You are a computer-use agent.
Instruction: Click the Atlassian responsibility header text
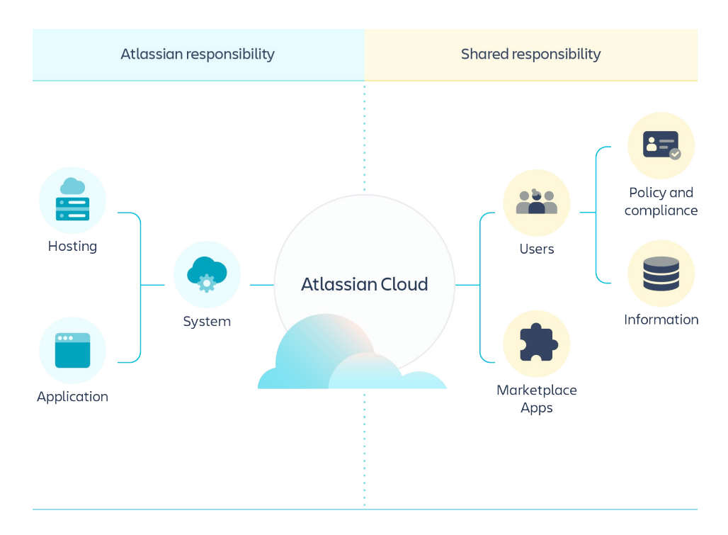198,54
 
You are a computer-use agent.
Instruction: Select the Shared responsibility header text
530,54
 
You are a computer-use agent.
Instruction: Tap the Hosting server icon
72,200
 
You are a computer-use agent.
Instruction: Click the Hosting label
72,247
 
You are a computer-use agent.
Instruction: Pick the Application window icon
72,350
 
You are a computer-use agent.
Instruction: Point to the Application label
72,397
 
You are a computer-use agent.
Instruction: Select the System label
207,322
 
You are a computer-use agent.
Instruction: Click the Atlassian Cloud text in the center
364,284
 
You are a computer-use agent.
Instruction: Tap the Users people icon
536,202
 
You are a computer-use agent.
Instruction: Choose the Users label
536,249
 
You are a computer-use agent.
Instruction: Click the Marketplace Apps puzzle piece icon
536,343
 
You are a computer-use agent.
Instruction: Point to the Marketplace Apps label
536,399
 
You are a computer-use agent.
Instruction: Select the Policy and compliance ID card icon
661,145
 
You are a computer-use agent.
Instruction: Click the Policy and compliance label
661,201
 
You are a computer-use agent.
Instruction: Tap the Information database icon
661,274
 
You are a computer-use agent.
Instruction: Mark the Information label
661,320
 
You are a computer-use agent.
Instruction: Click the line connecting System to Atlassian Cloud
261,285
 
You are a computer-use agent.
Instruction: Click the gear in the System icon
206,283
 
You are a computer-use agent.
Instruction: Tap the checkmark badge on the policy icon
675,154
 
